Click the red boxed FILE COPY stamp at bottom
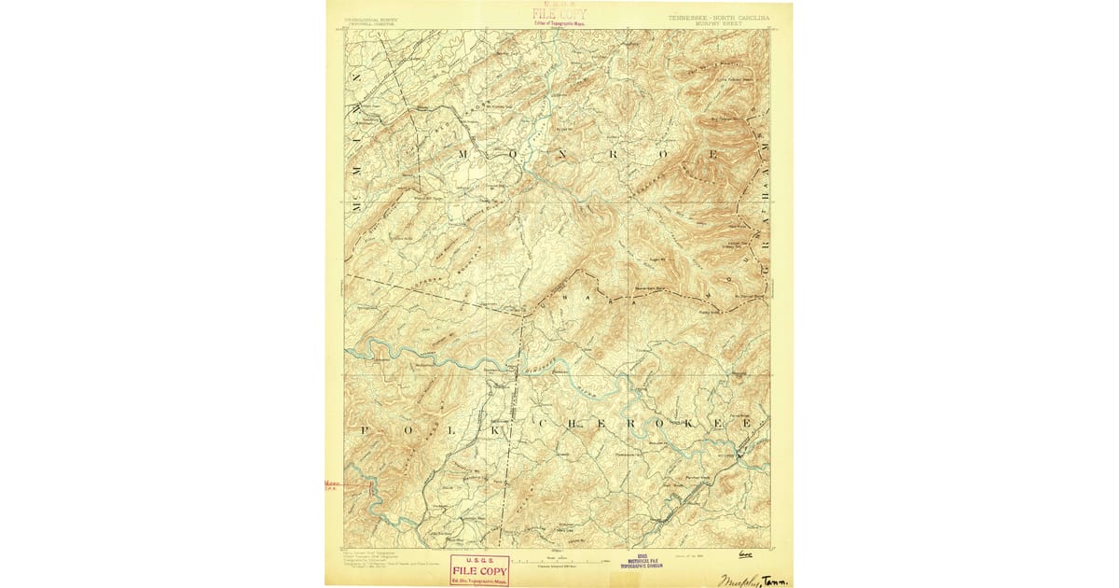pos(479,568)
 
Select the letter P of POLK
pos(366,430)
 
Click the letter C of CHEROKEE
pos(543,425)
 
